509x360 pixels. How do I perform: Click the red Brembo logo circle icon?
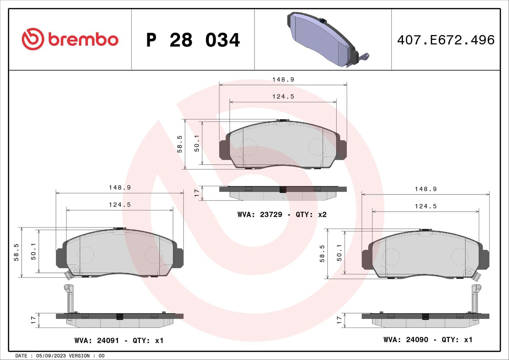click(x=32, y=39)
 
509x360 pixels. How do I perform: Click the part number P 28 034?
click(x=193, y=40)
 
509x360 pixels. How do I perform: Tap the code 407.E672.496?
click(x=446, y=40)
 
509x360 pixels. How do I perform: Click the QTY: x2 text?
click(x=311, y=215)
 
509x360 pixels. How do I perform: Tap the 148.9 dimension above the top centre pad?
click(x=283, y=80)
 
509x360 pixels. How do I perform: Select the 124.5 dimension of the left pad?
click(x=120, y=205)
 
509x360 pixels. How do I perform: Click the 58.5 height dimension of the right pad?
click(x=322, y=253)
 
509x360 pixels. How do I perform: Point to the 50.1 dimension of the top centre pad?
click(x=197, y=143)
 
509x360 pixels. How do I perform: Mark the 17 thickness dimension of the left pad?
click(x=33, y=320)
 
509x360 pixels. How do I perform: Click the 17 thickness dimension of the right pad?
click(x=339, y=320)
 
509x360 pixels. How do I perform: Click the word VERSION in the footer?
click(x=79, y=356)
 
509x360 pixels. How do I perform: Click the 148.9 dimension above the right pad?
click(x=426, y=189)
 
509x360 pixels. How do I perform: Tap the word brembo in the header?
click(x=83, y=40)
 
